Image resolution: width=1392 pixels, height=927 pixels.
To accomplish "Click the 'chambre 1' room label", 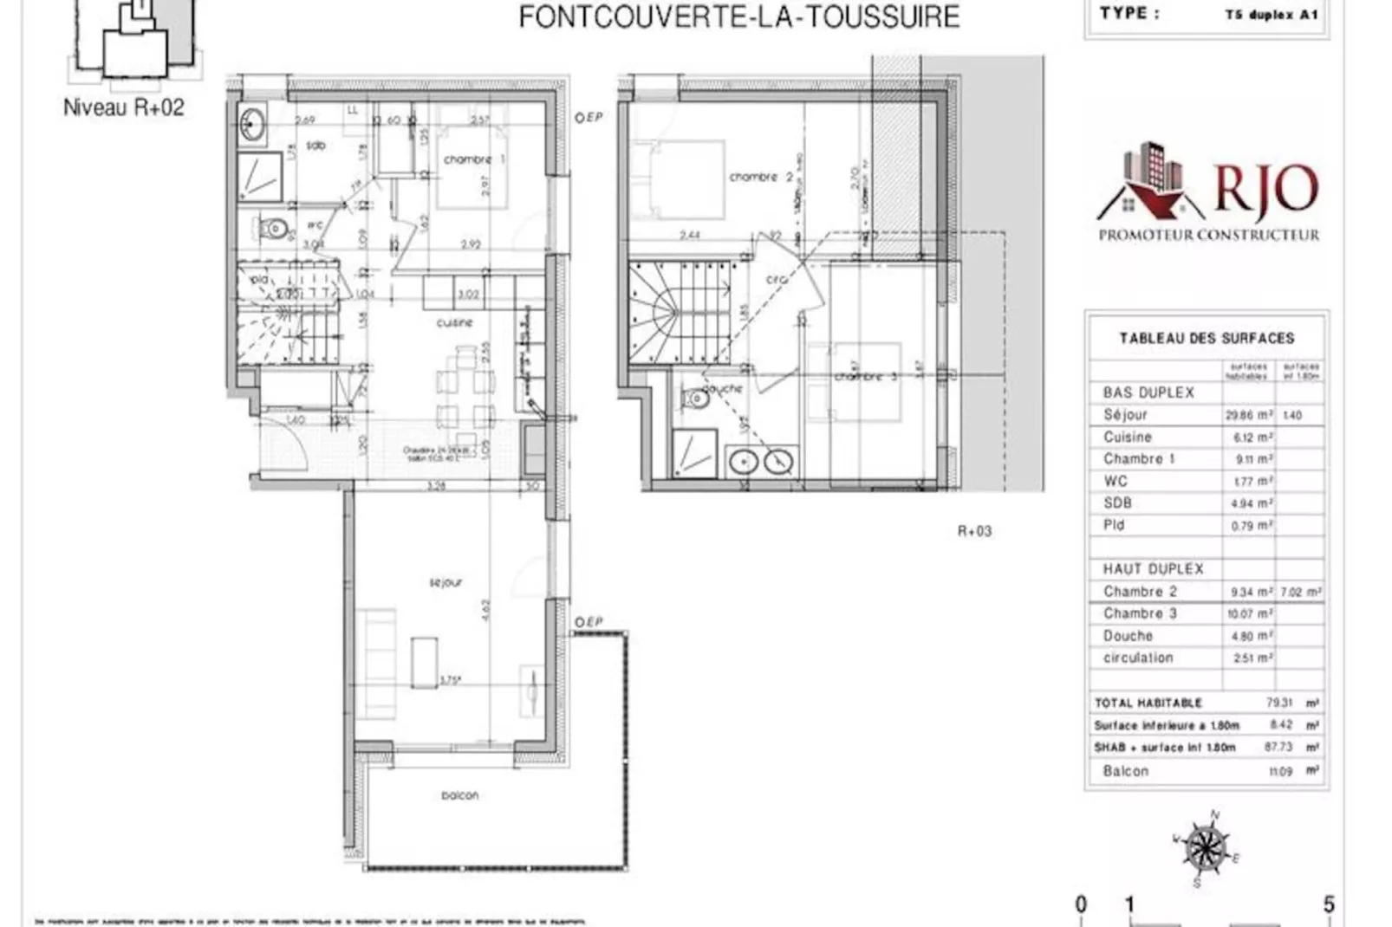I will (473, 159).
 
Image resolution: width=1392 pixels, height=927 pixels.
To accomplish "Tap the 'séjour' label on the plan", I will (446, 583).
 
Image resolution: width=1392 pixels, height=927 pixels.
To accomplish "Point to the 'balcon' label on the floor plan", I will (459, 794).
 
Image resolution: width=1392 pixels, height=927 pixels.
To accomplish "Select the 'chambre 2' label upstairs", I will (760, 177).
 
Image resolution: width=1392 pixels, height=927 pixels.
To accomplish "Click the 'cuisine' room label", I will (454, 322).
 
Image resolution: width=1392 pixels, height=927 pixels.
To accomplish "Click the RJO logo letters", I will (1265, 188).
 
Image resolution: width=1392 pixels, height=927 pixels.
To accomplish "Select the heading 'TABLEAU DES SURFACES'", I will (1206, 338).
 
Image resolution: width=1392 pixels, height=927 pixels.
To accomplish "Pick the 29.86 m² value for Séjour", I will (1248, 415).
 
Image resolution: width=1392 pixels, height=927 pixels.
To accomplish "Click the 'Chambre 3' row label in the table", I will (1140, 613).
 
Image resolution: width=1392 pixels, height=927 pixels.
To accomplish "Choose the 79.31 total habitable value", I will (1278, 703).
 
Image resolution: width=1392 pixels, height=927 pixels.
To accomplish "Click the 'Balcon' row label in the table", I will (1125, 771).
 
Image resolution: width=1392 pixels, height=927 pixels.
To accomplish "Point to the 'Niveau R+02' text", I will (124, 107).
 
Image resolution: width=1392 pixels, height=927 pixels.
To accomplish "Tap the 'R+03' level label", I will (974, 531).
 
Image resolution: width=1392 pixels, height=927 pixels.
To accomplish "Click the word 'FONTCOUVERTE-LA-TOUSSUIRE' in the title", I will (738, 16).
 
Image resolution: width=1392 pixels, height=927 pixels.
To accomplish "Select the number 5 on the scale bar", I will (1328, 904).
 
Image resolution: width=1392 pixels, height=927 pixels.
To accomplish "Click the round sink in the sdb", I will (253, 126).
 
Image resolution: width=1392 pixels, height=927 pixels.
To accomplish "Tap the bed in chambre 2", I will (679, 179).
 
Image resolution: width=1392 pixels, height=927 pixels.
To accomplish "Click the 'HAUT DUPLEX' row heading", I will (1153, 569).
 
